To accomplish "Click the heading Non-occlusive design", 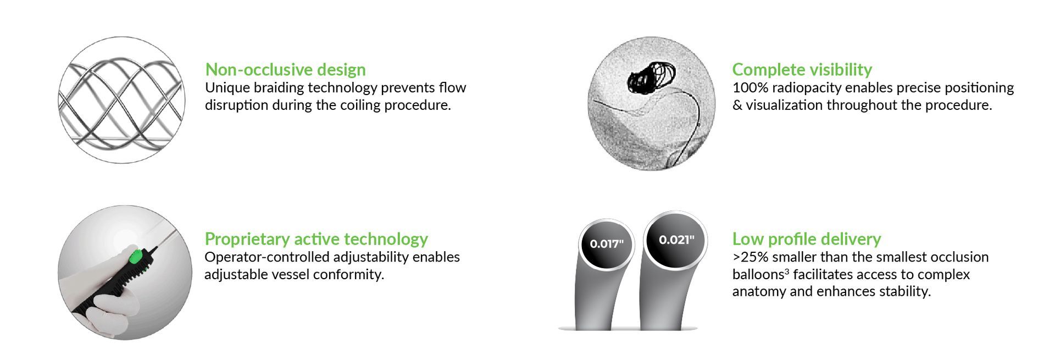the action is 285,70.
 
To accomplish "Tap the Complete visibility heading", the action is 802,70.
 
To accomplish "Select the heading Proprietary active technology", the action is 316,239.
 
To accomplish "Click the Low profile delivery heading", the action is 806,239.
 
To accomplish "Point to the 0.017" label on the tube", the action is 607,244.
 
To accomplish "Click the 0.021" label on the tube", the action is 676,240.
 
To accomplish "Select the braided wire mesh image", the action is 121,100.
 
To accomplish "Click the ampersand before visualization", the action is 737,105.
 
